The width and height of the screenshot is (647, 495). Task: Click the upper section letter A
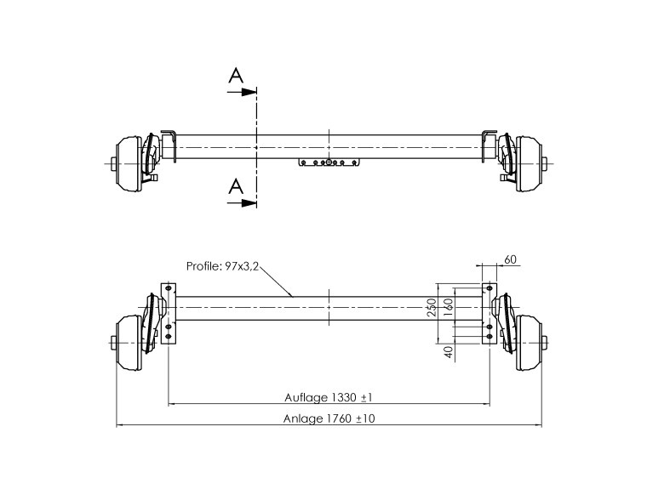pos(236,76)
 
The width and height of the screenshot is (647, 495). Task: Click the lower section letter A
pos(236,186)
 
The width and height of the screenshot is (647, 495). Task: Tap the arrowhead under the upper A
pos(249,92)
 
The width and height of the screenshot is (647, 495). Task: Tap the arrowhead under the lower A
pos(249,202)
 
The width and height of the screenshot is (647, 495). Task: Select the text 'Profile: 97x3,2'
pos(222,266)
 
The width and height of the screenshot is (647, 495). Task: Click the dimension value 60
pos(511,259)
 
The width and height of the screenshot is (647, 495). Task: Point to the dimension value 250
pos(432,308)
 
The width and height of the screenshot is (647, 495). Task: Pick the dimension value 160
pos(449,307)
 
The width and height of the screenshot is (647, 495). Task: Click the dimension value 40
pos(449,351)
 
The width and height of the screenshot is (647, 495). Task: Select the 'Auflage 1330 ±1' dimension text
pos(329,398)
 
